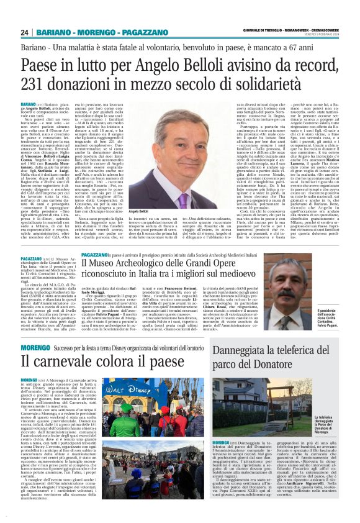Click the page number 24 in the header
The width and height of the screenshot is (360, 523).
tap(25, 32)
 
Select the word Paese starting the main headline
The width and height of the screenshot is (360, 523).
tap(43, 65)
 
